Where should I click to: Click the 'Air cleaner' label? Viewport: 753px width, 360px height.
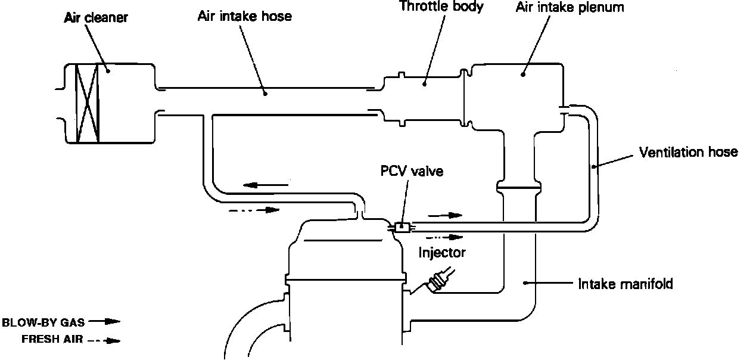point(96,18)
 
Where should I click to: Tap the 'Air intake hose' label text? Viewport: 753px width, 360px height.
point(244,15)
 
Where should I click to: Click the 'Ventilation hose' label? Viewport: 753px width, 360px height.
point(688,152)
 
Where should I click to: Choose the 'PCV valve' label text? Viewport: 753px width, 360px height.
point(412,172)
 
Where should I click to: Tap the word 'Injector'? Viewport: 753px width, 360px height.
point(441,252)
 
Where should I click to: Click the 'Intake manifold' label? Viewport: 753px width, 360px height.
point(626,284)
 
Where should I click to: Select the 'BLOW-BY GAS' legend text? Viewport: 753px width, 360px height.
point(43,322)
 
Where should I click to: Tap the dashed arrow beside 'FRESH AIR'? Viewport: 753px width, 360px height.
point(104,341)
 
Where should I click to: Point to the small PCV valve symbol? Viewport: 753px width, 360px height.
point(401,226)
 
